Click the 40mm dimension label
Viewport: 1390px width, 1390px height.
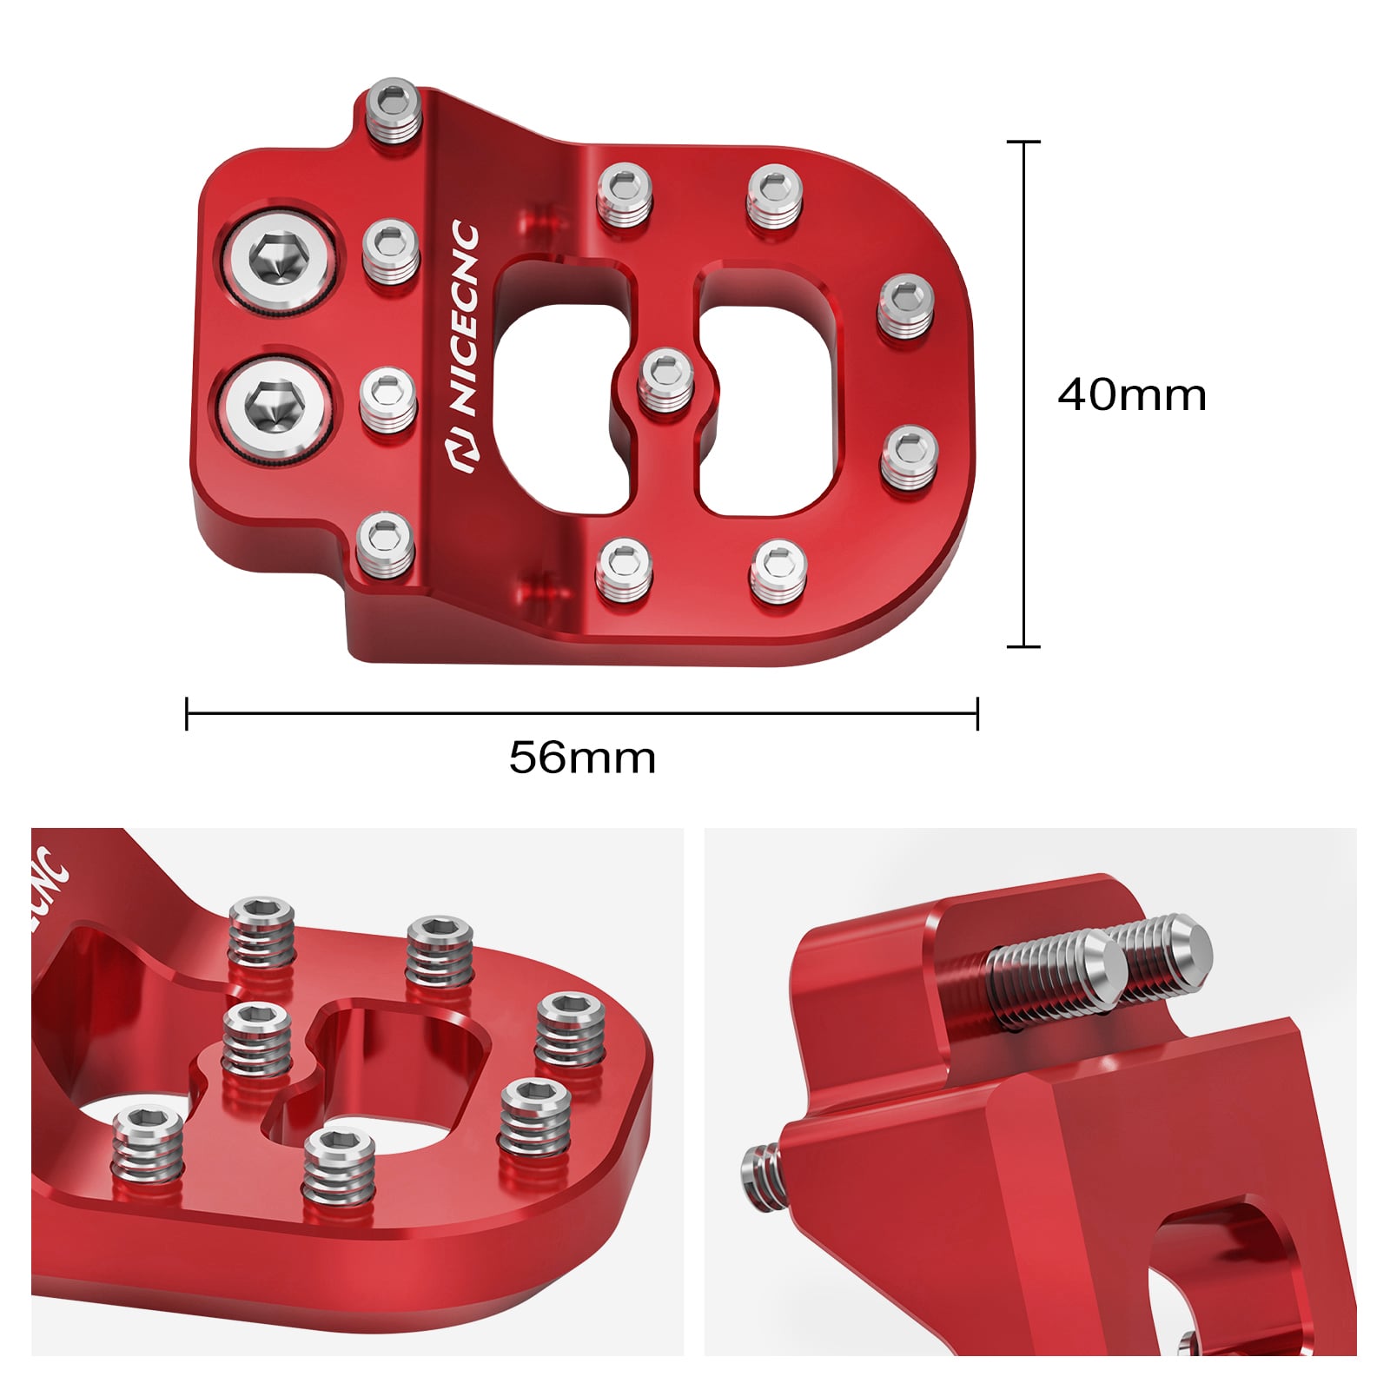click(1131, 395)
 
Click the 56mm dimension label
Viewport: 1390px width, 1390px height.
click(582, 758)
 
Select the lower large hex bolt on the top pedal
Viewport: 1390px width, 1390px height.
click(275, 406)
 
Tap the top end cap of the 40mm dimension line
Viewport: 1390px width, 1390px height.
click(1023, 141)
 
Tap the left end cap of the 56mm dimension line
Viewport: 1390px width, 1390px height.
click(187, 713)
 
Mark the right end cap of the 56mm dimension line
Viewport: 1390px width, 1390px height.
click(977, 713)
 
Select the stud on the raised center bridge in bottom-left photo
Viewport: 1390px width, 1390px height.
click(255, 1038)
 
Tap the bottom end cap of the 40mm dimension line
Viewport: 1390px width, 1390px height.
click(1023, 646)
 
